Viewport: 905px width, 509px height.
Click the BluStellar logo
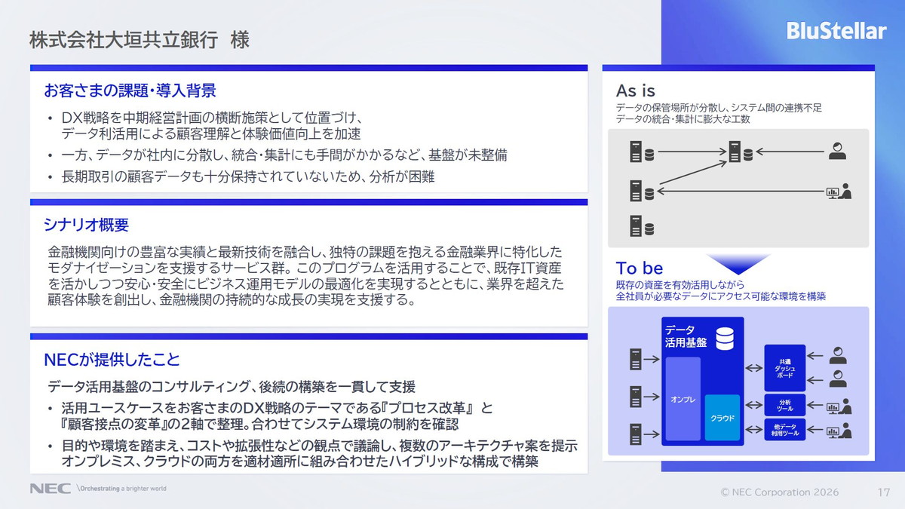[836, 31]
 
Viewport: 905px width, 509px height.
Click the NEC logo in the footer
[50, 489]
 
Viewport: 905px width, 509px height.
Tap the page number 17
[884, 492]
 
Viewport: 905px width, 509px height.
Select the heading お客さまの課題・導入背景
[130, 91]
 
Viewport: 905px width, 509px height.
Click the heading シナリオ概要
[86, 225]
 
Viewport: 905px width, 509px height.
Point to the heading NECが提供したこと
[112, 360]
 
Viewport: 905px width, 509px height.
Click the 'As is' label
[635, 91]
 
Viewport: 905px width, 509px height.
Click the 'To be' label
[639, 268]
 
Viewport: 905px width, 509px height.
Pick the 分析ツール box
[784, 405]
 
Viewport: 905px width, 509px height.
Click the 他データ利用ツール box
[784, 431]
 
